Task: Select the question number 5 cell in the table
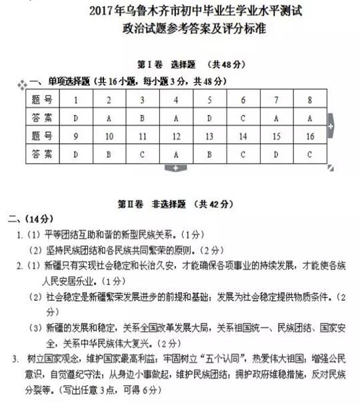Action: coord(209,101)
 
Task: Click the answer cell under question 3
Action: coord(143,118)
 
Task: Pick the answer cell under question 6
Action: coord(243,118)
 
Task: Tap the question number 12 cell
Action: coord(176,136)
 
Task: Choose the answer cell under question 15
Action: coord(276,154)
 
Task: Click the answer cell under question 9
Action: coord(76,154)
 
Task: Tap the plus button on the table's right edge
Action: coord(331,126)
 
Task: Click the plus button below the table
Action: coord(176,168)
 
